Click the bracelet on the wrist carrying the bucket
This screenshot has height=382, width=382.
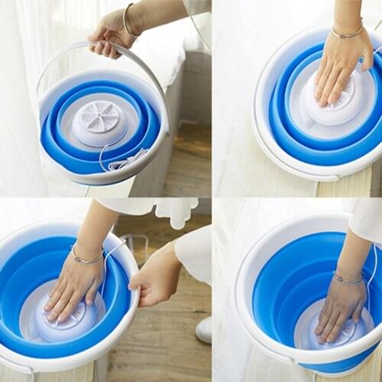(128, 21)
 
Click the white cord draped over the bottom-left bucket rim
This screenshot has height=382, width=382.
(115, 249)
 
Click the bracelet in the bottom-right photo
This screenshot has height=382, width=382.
(348, 280)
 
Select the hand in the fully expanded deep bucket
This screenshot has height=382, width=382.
(340, 309)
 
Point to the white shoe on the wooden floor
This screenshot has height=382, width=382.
(204, 329)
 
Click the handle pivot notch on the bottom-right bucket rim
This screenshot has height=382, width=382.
(284, 354)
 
